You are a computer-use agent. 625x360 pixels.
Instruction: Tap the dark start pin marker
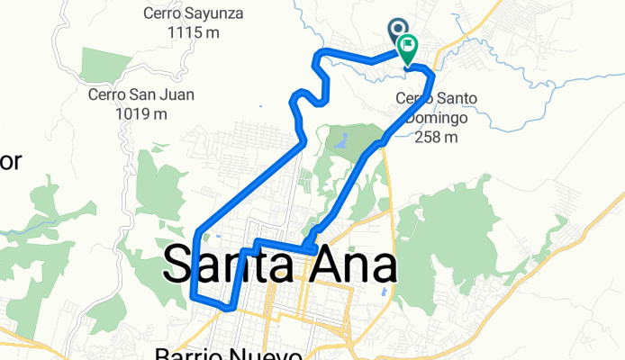pos(398,31)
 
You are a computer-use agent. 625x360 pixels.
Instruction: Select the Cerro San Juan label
pos(140,94)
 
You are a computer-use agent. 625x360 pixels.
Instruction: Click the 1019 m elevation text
pos(141,113)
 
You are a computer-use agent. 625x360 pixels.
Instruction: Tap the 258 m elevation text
pos(437,137)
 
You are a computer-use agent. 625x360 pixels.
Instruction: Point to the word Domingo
pos(436,118)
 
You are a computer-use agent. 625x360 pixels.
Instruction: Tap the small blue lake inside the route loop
pos(342,139)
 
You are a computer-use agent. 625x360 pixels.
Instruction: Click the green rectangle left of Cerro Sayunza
pos(107,64)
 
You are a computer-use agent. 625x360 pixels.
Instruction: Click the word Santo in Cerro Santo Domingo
pos(460,98)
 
